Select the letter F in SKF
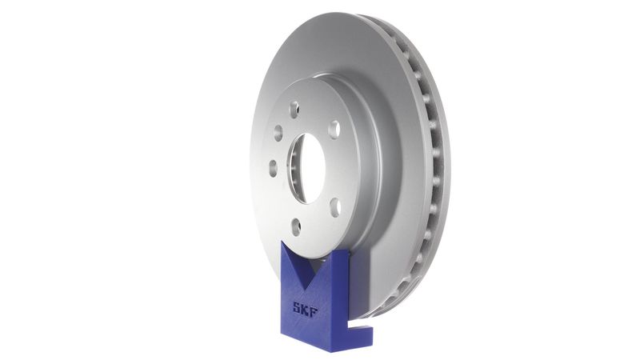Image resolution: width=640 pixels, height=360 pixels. [315, 306]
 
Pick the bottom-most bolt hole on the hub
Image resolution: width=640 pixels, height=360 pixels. [296, 226]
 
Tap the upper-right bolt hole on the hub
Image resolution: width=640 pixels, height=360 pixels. [334, 129]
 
